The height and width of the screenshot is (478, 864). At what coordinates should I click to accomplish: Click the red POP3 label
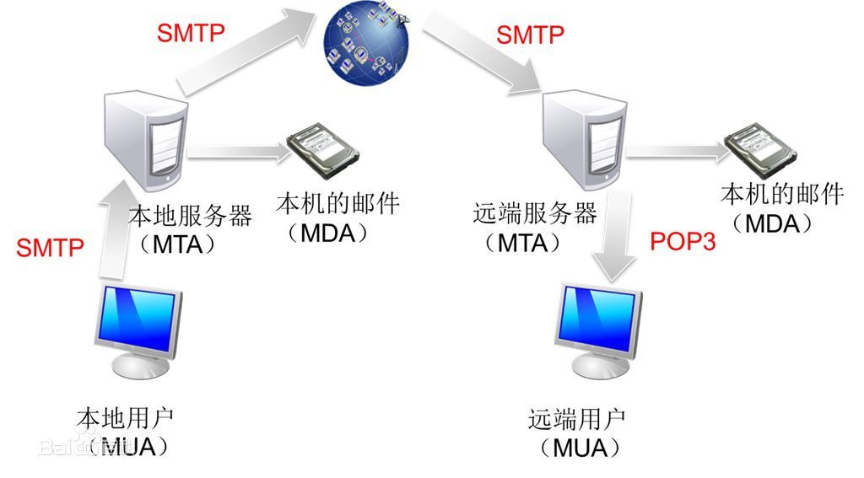(682, 242)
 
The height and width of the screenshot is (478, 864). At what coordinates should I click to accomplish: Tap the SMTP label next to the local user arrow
(50, 248)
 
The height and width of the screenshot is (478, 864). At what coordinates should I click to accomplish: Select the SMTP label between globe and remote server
(530, 35)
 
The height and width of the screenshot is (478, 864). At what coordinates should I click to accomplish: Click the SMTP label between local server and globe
(191, 32)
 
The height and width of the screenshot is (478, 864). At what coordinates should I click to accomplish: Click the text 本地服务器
(190, 217)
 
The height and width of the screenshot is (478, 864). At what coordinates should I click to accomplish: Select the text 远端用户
(577, 419)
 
